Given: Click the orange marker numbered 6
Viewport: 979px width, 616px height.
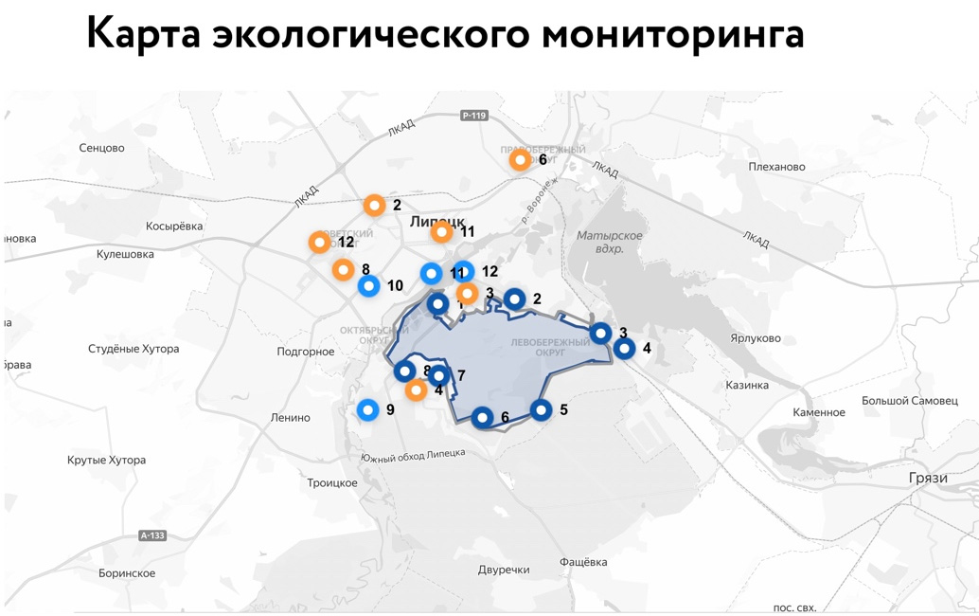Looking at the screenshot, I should (520, 160).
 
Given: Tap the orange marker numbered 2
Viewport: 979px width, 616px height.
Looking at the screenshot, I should (375, 205).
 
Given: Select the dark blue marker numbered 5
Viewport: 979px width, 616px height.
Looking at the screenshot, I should (541, 410).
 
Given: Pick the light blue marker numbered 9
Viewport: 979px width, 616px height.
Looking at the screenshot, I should (368, 409).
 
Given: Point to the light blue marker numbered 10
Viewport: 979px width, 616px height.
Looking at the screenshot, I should (368, 285).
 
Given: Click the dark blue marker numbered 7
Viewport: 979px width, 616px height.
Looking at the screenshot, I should (438, 376).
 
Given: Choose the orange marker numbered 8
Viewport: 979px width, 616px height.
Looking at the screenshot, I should (343, 270).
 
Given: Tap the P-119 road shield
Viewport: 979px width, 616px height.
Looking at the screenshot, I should (473, 116).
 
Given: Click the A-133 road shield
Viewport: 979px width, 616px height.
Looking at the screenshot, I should (152, 535).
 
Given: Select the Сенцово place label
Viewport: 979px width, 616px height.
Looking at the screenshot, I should (101, 148).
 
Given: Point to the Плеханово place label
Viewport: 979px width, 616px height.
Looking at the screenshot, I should (776, 167).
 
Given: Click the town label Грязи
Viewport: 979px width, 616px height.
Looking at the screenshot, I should (928, 478).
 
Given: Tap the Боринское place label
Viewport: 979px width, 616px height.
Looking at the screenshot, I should (127, 573).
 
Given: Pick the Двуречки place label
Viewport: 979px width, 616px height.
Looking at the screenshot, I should (504, 570).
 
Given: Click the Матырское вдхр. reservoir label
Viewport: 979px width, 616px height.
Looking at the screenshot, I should (610, 242).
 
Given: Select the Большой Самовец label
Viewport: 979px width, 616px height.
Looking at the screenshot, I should (909, 401).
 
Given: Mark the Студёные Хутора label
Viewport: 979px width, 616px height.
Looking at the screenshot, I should (133, 349).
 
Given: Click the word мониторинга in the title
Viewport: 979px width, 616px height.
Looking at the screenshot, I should (673, 34).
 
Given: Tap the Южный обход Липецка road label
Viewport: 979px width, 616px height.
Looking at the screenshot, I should (413, 456).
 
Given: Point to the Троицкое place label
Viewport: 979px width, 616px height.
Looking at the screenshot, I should (332, 483).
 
